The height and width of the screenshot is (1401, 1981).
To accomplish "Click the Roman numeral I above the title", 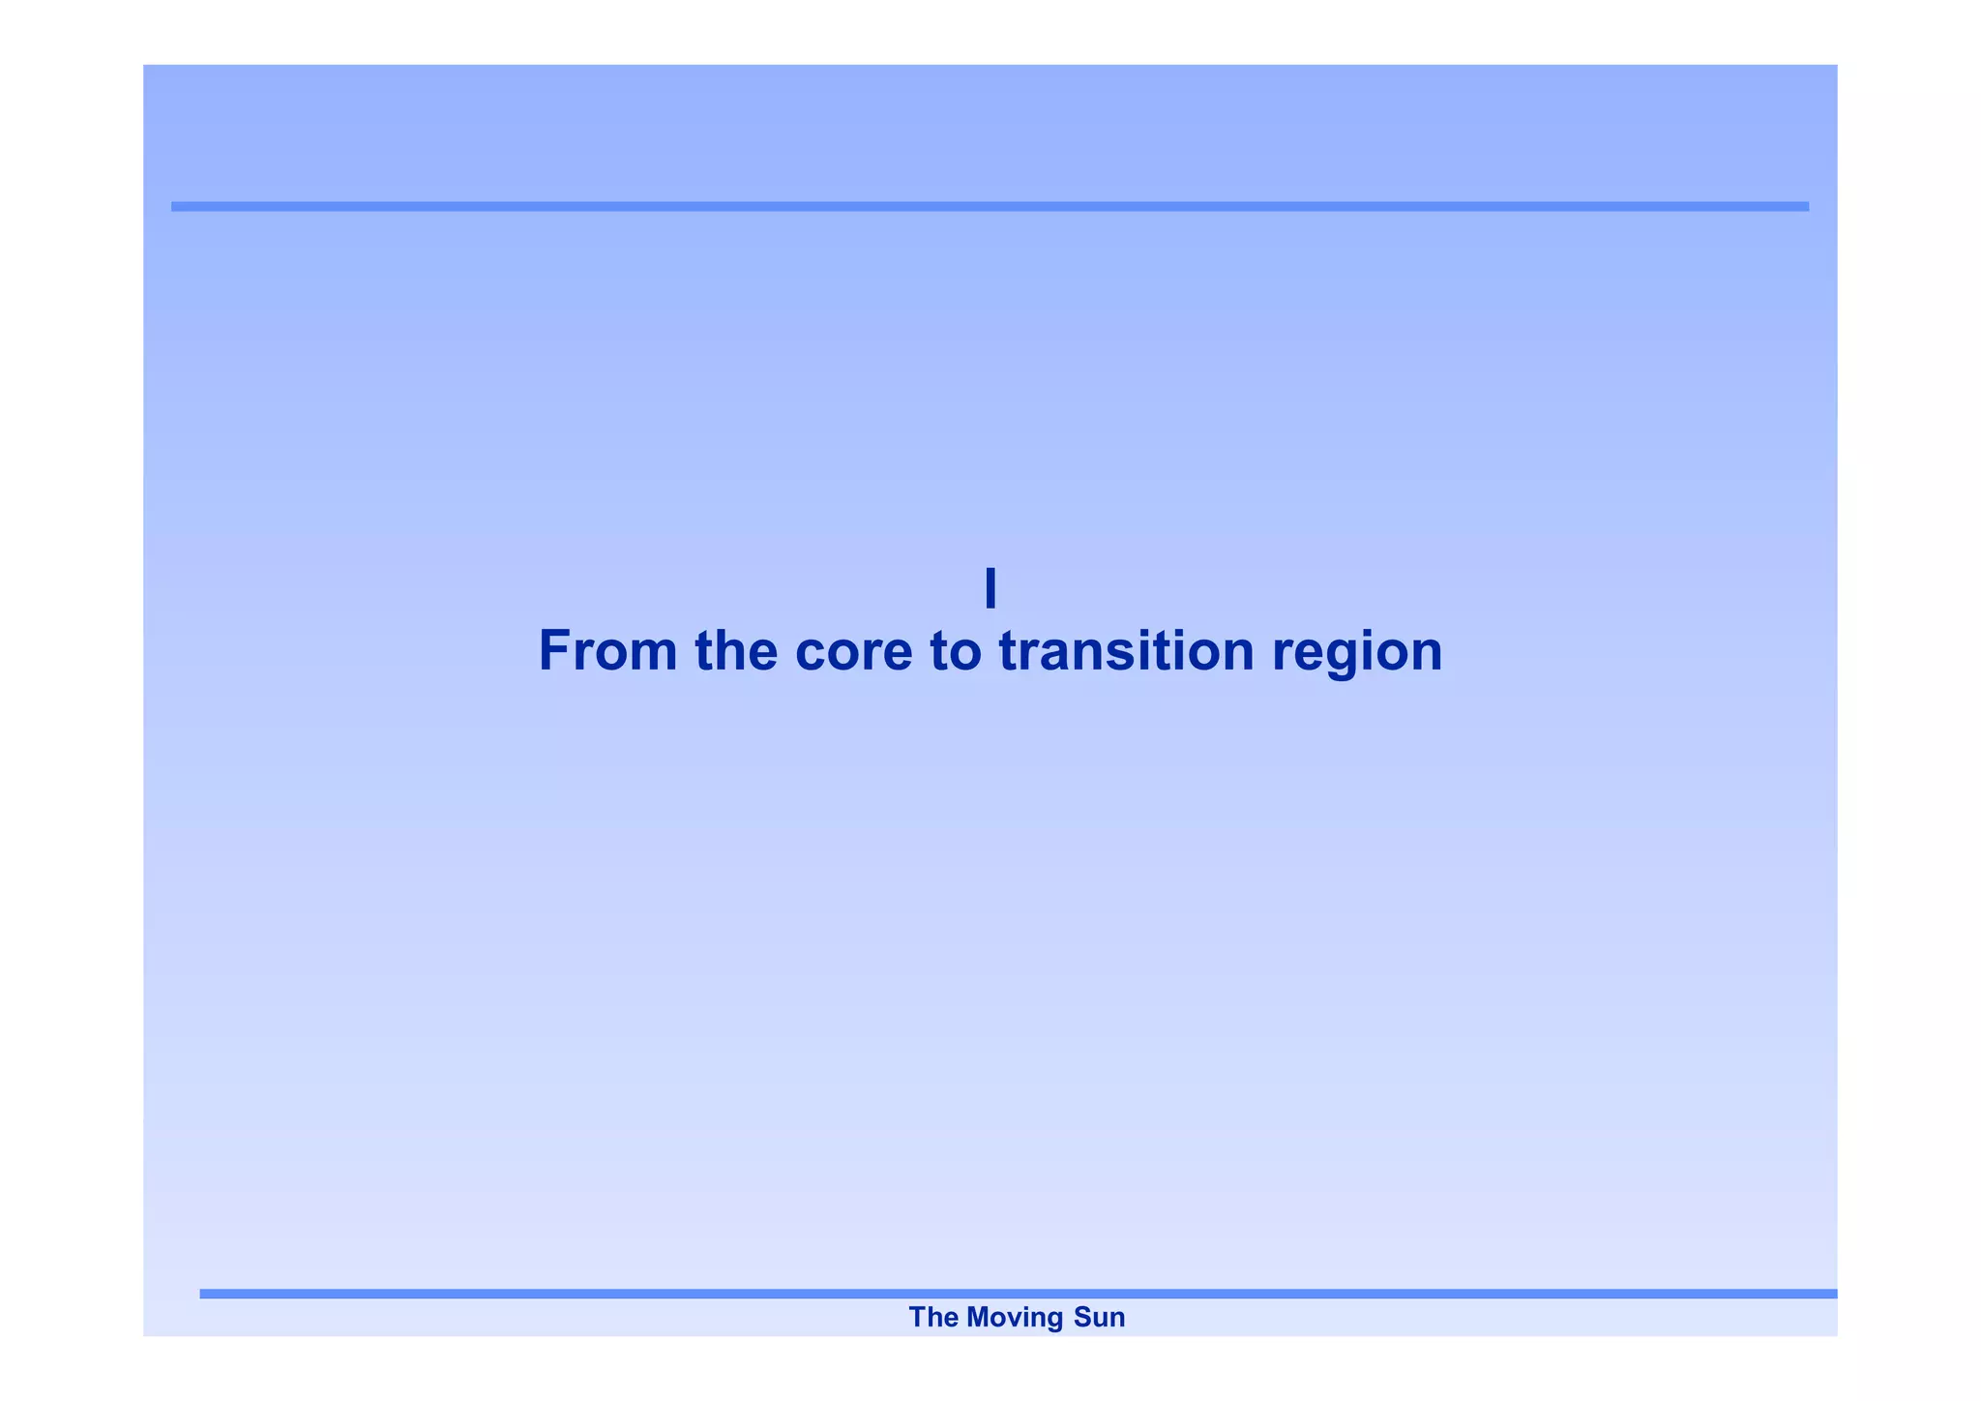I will (990, 588).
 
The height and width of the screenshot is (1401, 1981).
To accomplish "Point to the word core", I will (853, 652).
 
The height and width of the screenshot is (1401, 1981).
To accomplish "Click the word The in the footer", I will (933, 1317).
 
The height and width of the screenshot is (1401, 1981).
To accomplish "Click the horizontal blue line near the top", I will (990, 206).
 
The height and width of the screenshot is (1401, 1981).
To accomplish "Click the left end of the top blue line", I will (175, 206).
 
